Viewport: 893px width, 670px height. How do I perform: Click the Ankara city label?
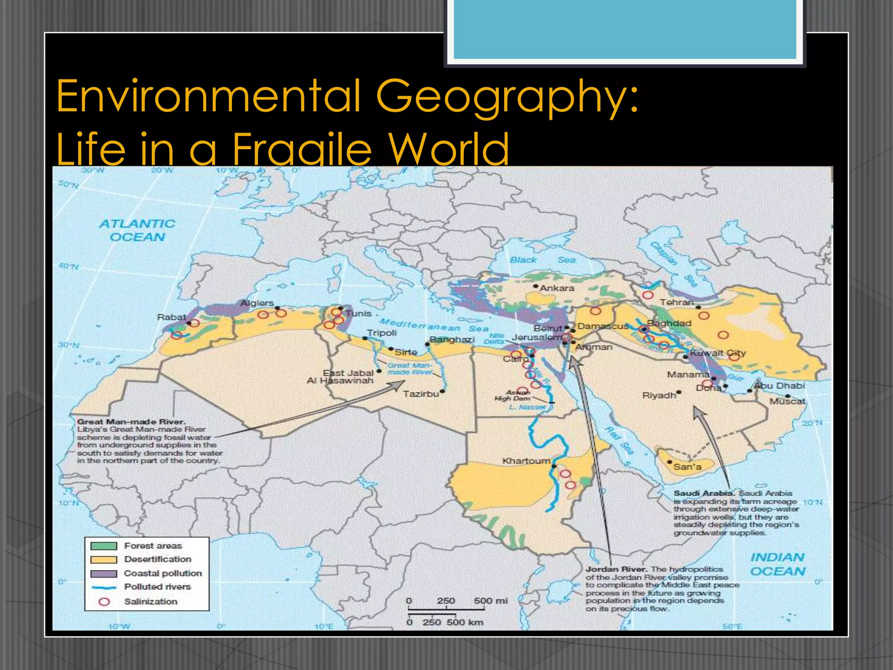click(557, 288)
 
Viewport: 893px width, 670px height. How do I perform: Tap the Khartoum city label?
click(526, 461)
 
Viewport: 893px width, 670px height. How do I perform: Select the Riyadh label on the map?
click(659, 395)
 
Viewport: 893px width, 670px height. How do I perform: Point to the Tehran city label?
click(676, 302)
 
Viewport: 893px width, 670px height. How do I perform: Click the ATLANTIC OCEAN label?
click(137, 230)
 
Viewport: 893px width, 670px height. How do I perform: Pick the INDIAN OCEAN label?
click(777, 564)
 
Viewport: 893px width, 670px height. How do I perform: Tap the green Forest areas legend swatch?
click(104, 546)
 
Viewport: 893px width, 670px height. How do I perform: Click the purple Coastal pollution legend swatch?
click(104, 573)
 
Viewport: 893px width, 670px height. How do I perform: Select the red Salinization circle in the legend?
click(104, 602)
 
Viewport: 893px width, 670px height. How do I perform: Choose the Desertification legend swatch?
click(104, 559)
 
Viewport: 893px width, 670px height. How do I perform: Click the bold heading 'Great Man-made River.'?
click(131, 422)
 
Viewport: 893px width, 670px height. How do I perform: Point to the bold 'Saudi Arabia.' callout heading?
click(704, 493)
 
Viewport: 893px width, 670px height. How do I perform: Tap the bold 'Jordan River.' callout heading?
click(617, 569)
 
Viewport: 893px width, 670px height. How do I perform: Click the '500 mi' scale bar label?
click(491, 601)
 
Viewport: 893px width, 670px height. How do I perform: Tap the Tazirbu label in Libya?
click(421, 394)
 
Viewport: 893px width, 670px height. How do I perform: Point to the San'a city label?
click(687, 467)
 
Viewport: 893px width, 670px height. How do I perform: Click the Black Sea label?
click(542, 260)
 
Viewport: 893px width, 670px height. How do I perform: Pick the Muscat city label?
click(787, 401)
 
